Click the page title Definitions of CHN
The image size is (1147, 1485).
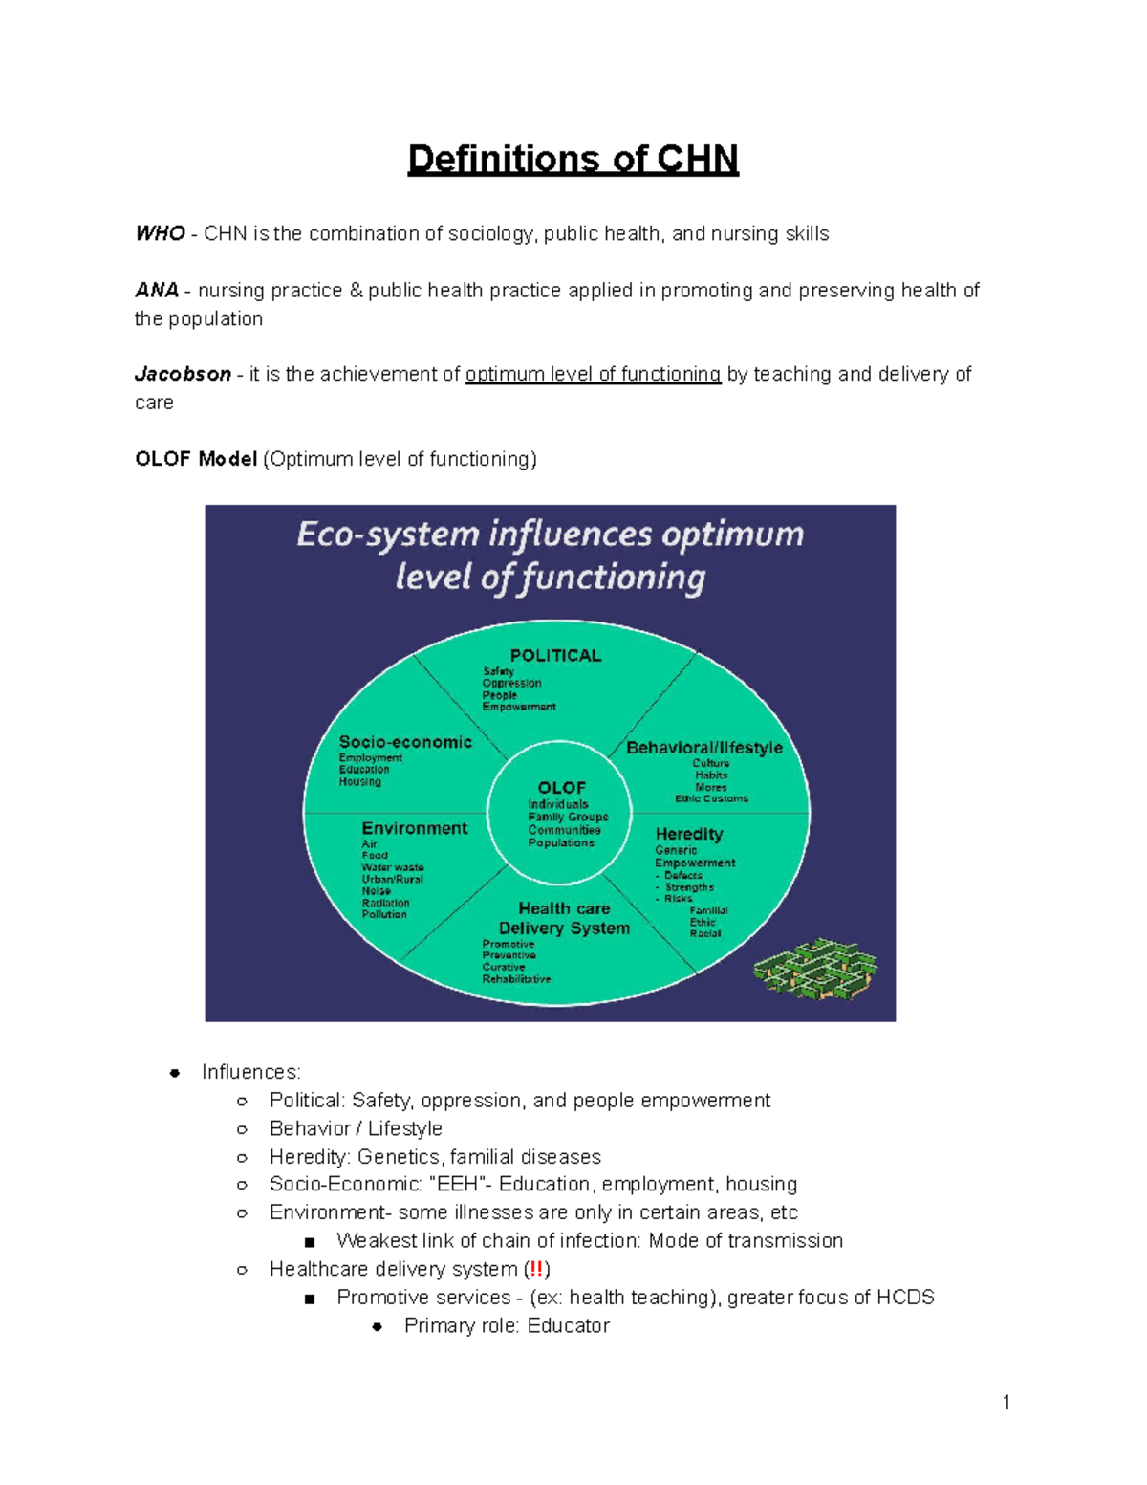pyautogui.click(x=573, y=159)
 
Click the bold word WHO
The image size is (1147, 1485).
pyautogui.click(x=160, y=234)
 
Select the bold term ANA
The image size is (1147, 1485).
pyautogui.click(x=157, y=291)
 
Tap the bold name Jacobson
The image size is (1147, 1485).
pyautogui.click(x=183, y=375)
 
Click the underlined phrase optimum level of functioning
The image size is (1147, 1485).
pyautogui.click(x=593, y=375)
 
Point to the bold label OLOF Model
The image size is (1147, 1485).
pyautogui.click(x=196, y=460)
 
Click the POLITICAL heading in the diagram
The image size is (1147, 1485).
pyautogui.click(x=555, y=656)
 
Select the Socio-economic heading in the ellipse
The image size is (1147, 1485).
pyautogui.click(x=405, y=742)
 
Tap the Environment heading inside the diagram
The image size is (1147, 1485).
pyautogui.click(x=414, y=829)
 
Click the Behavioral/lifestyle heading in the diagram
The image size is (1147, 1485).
pyautogui.click(x=703, y=748)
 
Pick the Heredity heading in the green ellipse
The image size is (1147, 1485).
pyautogui.click(x=689, y=835)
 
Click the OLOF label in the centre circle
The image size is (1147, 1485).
pyautogui.click(x=561, y=788)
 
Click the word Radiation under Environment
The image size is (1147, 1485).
pyautogui.click(x=385, y=903)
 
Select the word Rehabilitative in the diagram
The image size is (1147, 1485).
pyautogui.click(x=516, y=979)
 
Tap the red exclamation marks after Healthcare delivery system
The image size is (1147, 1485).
pyautogui.click(x=536, y=1269)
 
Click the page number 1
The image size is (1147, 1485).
pyautogui.click(x=1006, y=1403)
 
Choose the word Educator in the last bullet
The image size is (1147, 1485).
pyautogui.click(x=568, y=1326)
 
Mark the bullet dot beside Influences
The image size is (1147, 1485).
pyautogui.click(x=175, y=1073)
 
